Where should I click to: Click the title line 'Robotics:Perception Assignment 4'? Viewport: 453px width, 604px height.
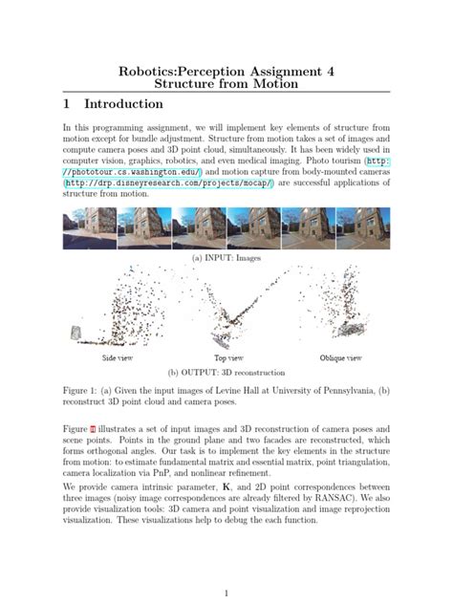point(226,71)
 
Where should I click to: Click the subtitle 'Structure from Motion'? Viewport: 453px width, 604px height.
point(226,85)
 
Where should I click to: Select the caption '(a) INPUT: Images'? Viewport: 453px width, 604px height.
point(226,257)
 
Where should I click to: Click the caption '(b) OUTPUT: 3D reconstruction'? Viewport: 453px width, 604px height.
point(226,374)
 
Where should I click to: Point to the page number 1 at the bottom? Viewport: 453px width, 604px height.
point(226,593)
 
